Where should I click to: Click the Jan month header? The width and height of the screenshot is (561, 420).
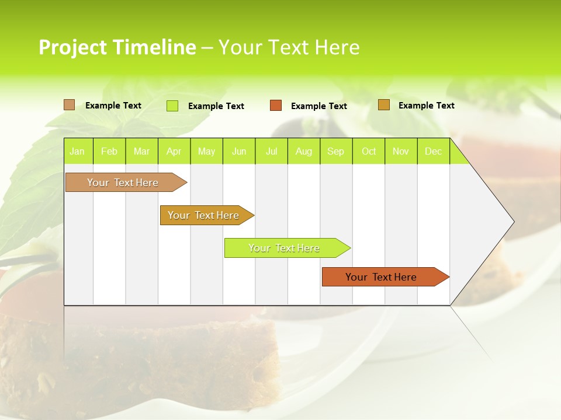click(x=78, y=151)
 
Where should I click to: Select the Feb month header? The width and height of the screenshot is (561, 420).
click(x=109, y=151)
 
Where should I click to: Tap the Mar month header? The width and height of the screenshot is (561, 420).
click(x=141, y=151)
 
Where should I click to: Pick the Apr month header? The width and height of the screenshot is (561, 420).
click(x=174, y=151)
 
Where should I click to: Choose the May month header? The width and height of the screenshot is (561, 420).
click(x=206, y=151)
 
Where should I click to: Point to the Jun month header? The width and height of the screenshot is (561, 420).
click(x=239, y=151)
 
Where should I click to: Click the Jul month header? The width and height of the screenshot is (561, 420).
click(x=272, y=151)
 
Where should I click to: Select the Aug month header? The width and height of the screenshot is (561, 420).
click(x=304, y=151)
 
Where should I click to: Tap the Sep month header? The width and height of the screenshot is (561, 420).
click(x=336, y=151)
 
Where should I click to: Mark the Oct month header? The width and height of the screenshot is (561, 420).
click(x=369, y=151)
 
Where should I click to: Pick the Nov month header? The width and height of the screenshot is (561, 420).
click(x=401, y=151)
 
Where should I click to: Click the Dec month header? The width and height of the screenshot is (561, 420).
click(x=434, y=151)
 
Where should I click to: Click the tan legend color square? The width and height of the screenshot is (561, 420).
click(x=70, y=105)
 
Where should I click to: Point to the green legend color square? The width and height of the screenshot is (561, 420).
click(x=172, y=106)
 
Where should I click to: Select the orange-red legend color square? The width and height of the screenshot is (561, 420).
click(x=276, y=106)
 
